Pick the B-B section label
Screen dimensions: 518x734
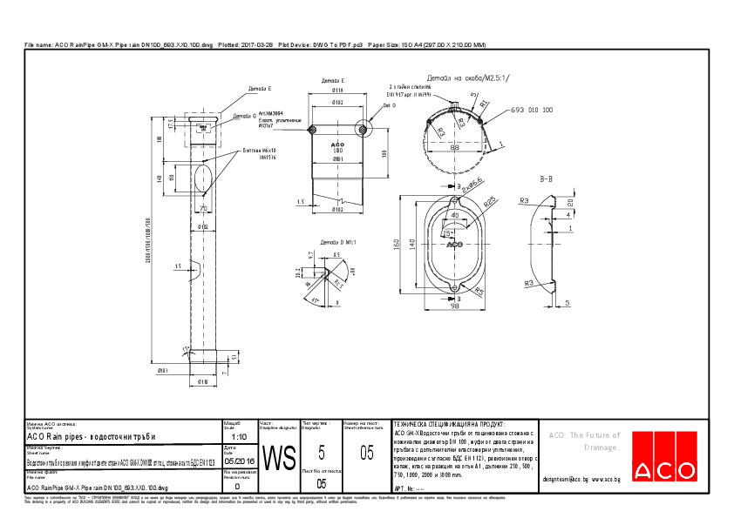point(547,178)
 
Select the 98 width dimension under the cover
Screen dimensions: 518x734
point(453,306)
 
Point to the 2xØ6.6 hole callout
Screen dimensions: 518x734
point(473,185)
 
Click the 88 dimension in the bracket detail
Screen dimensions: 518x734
point(454,147)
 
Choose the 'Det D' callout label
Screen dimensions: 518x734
point(388,105)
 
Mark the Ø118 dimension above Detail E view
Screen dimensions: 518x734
point(337,90)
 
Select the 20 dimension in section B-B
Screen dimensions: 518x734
point(568,203)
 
